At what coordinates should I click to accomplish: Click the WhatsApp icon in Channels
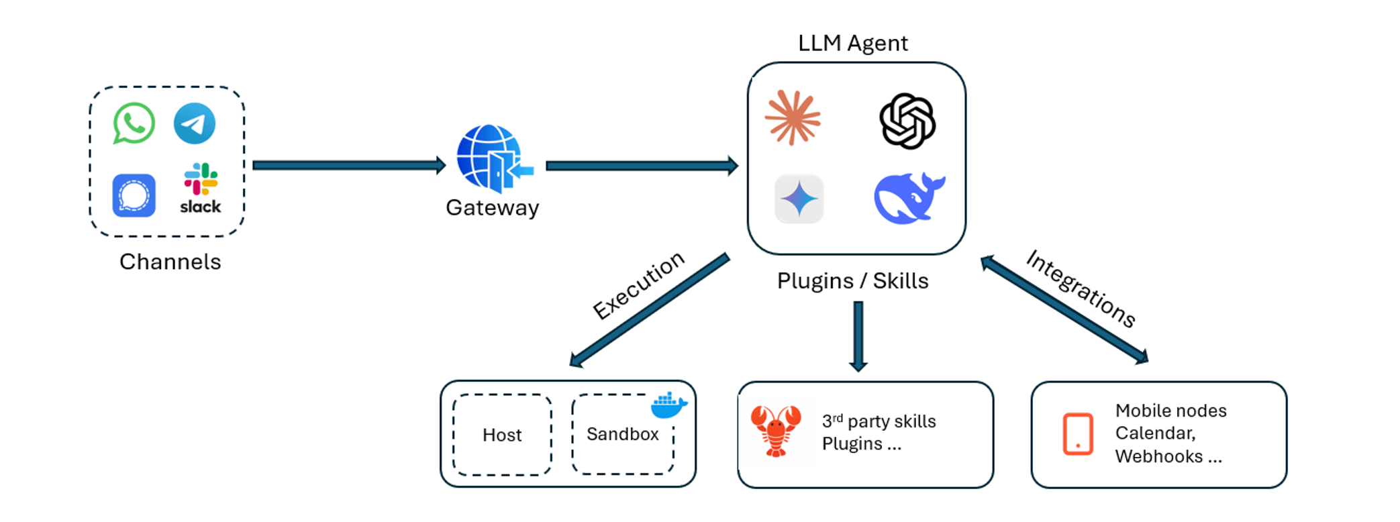(134, 123)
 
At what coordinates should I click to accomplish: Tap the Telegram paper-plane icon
(195, 123)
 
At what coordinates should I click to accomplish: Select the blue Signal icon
(134, 195)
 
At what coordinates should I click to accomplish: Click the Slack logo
(201, 189)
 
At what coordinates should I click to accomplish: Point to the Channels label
(170, 262)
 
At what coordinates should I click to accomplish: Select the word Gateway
(493, 208)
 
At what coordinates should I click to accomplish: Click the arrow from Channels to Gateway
(349, 165)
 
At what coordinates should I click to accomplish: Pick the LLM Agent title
(853, 43)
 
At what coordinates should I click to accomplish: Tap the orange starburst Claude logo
(793, 118)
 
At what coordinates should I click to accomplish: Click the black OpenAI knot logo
(907, 121)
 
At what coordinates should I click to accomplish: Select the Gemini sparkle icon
(799, 199)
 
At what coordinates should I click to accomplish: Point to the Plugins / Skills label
(853, 281)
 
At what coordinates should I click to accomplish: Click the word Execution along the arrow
(638, 285)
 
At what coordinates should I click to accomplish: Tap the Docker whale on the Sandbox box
(669, 405)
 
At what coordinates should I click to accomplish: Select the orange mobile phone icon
(1078, 434)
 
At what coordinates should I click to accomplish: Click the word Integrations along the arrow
(1081, 289)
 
